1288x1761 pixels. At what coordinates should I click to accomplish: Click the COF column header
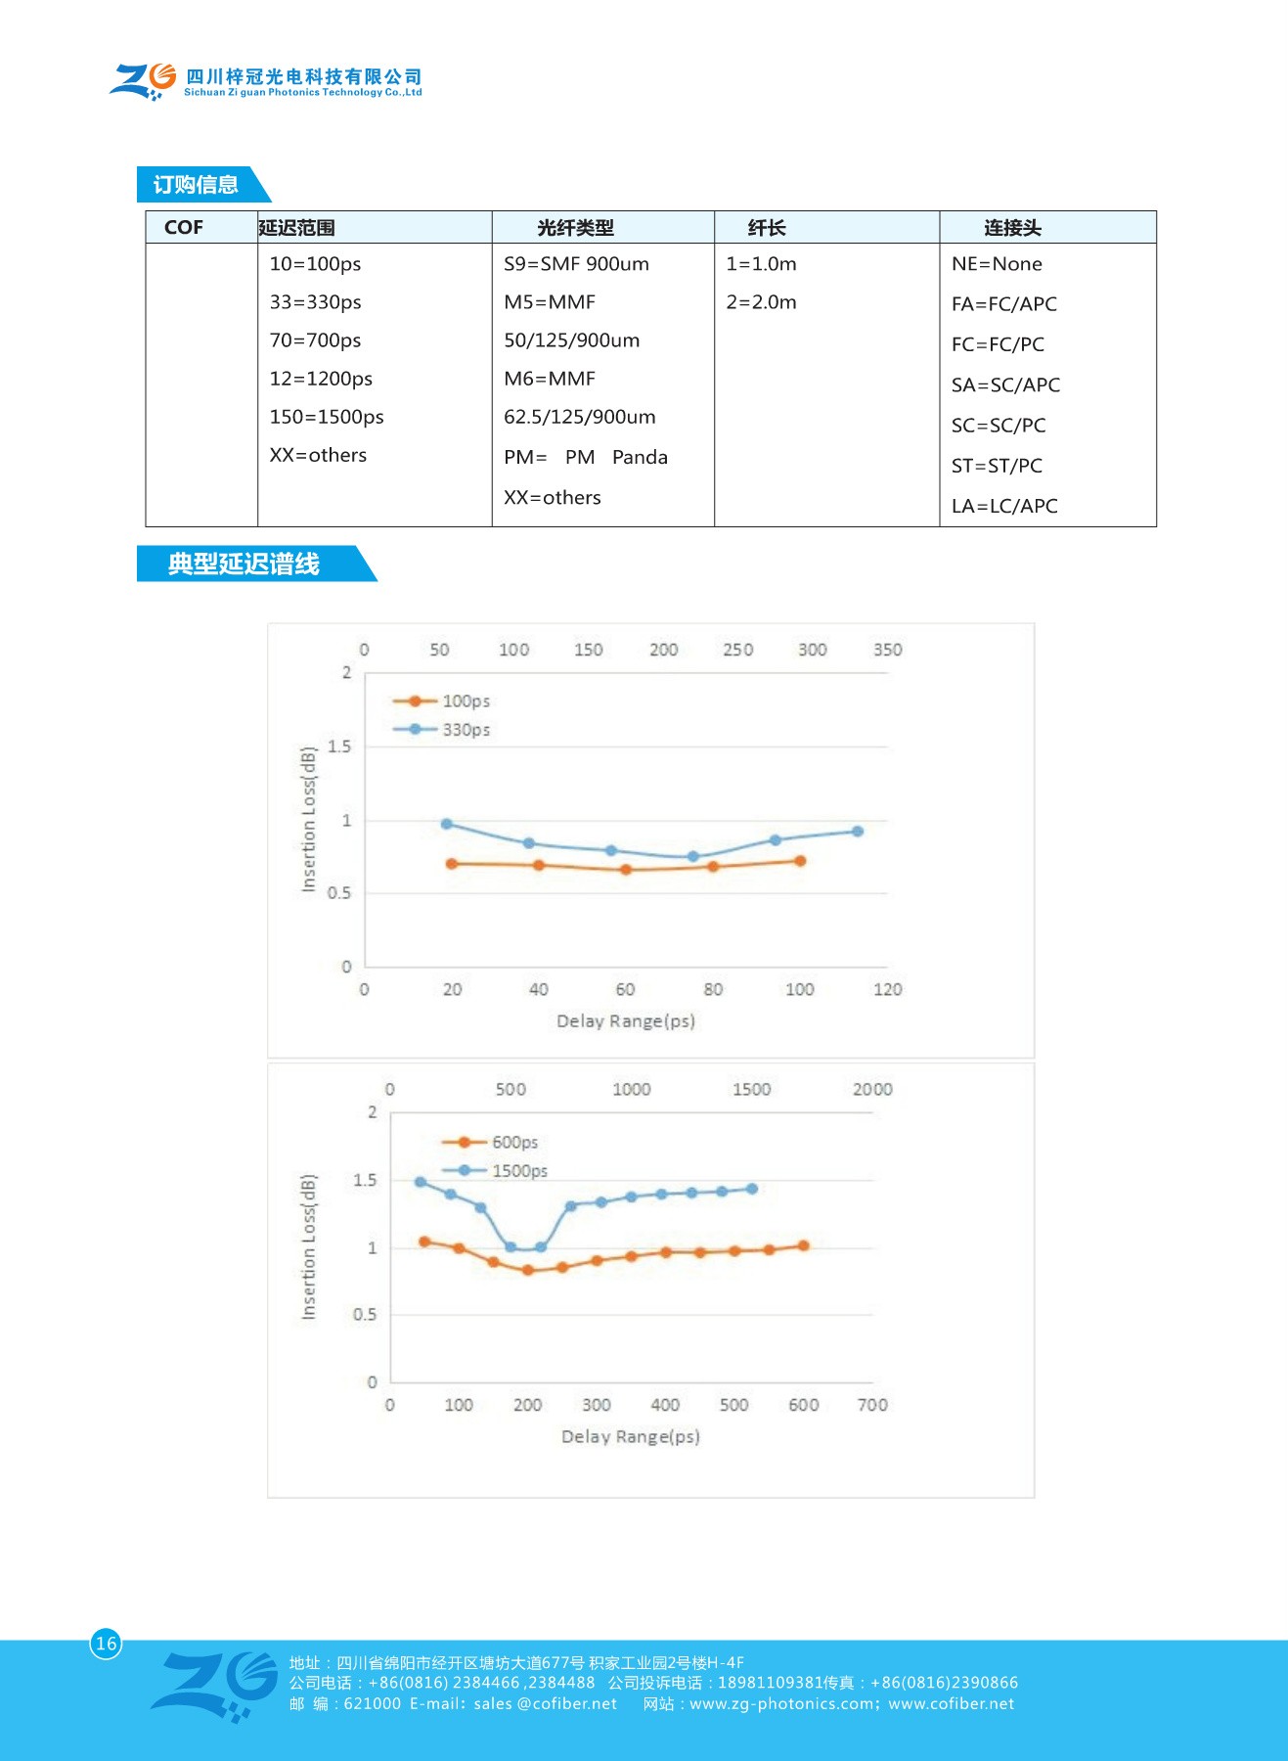click(x=184, y=227)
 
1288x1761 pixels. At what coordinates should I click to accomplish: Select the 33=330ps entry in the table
click(x=315, y=302)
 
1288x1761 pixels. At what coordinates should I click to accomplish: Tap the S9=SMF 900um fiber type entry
click(x=576, y=264)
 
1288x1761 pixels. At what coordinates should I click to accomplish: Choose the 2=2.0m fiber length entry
click(x=761, y=302)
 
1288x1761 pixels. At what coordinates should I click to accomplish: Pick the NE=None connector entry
click(x=997, y=264)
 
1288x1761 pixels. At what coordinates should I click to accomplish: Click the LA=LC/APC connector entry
click(x=1004, y=506)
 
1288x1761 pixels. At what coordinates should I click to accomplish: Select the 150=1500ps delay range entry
click(x=327, y=417)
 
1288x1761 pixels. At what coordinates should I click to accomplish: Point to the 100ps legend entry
click(x=465, y=701)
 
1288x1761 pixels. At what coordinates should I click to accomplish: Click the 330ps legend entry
click(x=465, y=730)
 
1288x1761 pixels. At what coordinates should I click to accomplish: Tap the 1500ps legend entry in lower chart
click(x=518, y=1171)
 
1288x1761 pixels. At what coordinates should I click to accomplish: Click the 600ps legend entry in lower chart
click(x=513, y=1143)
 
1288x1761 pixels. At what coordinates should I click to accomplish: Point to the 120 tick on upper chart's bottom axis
click(x=887, y=989)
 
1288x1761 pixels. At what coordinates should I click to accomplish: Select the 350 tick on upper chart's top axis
click(x=887, y=650)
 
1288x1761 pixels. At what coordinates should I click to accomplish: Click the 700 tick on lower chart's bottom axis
click(x=872, y=1405)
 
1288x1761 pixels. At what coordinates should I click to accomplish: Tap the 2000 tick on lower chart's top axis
click(x=872, y=1090)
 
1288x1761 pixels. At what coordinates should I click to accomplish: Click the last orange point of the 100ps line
click(x=800, y=861)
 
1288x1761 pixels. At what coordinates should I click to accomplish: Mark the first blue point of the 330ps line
click(x=447, y=824)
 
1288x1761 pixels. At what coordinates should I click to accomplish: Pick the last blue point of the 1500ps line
click(x=752, y=1189)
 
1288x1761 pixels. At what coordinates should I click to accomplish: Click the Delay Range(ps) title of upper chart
click(x=626, y=1021)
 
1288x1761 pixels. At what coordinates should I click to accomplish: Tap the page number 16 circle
click(x=107, y=1644)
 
